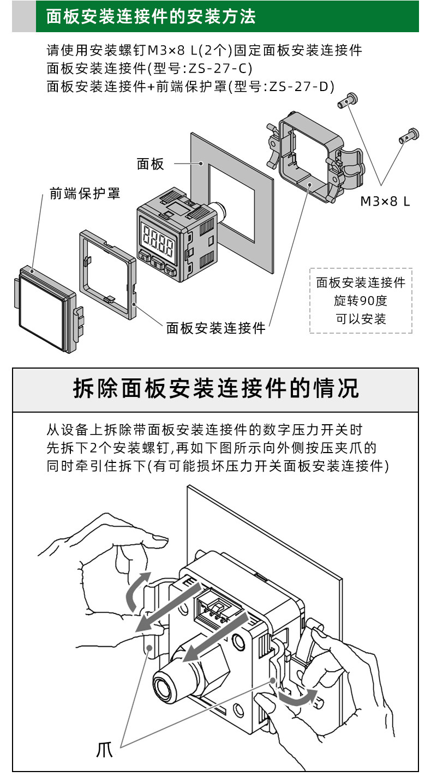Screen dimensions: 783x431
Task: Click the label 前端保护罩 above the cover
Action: coord(85,193)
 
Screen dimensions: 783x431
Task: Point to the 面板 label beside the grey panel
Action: coord(151,164)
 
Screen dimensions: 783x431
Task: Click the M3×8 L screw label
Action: coord(385,201)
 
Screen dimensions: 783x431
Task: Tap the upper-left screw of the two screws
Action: coord(348,100)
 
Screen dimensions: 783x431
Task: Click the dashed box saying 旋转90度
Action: coord(361,300)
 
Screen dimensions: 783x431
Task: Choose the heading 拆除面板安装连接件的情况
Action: coord(215,389)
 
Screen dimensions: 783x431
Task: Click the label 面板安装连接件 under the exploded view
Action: coord(215,328)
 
